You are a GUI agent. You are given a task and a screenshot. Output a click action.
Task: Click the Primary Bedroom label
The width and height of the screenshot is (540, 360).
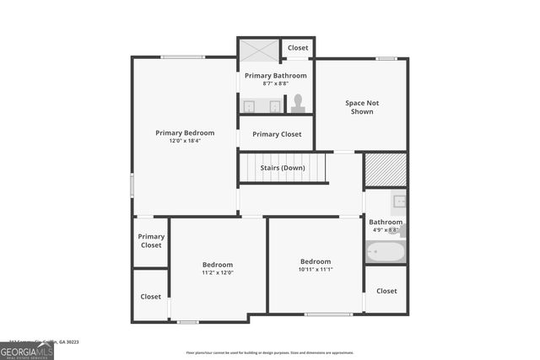(x=185, y=132)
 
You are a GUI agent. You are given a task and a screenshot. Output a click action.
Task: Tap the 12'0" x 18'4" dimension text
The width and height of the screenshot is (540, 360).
(x=185, y=141)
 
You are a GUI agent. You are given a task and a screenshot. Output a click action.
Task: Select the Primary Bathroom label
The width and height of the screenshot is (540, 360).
(x=276, y=75)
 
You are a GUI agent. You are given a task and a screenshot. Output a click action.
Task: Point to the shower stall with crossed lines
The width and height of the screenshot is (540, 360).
(x=258, y=49)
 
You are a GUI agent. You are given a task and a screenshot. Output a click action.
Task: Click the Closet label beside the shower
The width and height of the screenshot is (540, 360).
(x=298, y=48)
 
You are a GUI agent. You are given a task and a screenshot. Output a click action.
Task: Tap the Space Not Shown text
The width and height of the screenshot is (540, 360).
(x=362, y=107)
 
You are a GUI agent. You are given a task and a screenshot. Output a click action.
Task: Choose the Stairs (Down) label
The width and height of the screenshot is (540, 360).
(x=283, y=167)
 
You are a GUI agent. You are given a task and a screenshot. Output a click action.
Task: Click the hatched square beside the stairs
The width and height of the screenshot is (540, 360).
(x=386, y=170)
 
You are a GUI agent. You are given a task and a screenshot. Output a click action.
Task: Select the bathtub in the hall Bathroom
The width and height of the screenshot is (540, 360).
(x=386, y=251)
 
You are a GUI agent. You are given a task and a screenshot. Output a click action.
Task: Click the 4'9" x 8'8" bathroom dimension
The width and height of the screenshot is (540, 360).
(x=385, y=230)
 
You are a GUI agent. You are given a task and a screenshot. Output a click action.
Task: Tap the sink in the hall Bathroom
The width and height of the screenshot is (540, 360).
(x=399, y=201)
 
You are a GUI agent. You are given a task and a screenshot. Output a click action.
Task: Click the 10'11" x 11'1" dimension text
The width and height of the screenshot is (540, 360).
(x=316, y=270)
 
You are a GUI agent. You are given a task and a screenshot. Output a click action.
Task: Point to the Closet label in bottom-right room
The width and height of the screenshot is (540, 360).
(x=386, y=291)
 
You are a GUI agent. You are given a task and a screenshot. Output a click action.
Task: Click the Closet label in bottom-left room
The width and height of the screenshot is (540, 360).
(x=151, y=297)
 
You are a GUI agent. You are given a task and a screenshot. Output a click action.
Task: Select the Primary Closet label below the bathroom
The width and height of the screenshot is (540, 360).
(x=277, y=134)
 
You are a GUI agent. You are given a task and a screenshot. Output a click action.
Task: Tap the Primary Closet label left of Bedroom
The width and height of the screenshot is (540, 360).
(x=151, y=241)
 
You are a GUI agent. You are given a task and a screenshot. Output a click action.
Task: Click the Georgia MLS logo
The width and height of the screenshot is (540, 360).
(x=27, y=351)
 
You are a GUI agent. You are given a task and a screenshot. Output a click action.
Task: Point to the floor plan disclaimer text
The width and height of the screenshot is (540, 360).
(x=270, y=352)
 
